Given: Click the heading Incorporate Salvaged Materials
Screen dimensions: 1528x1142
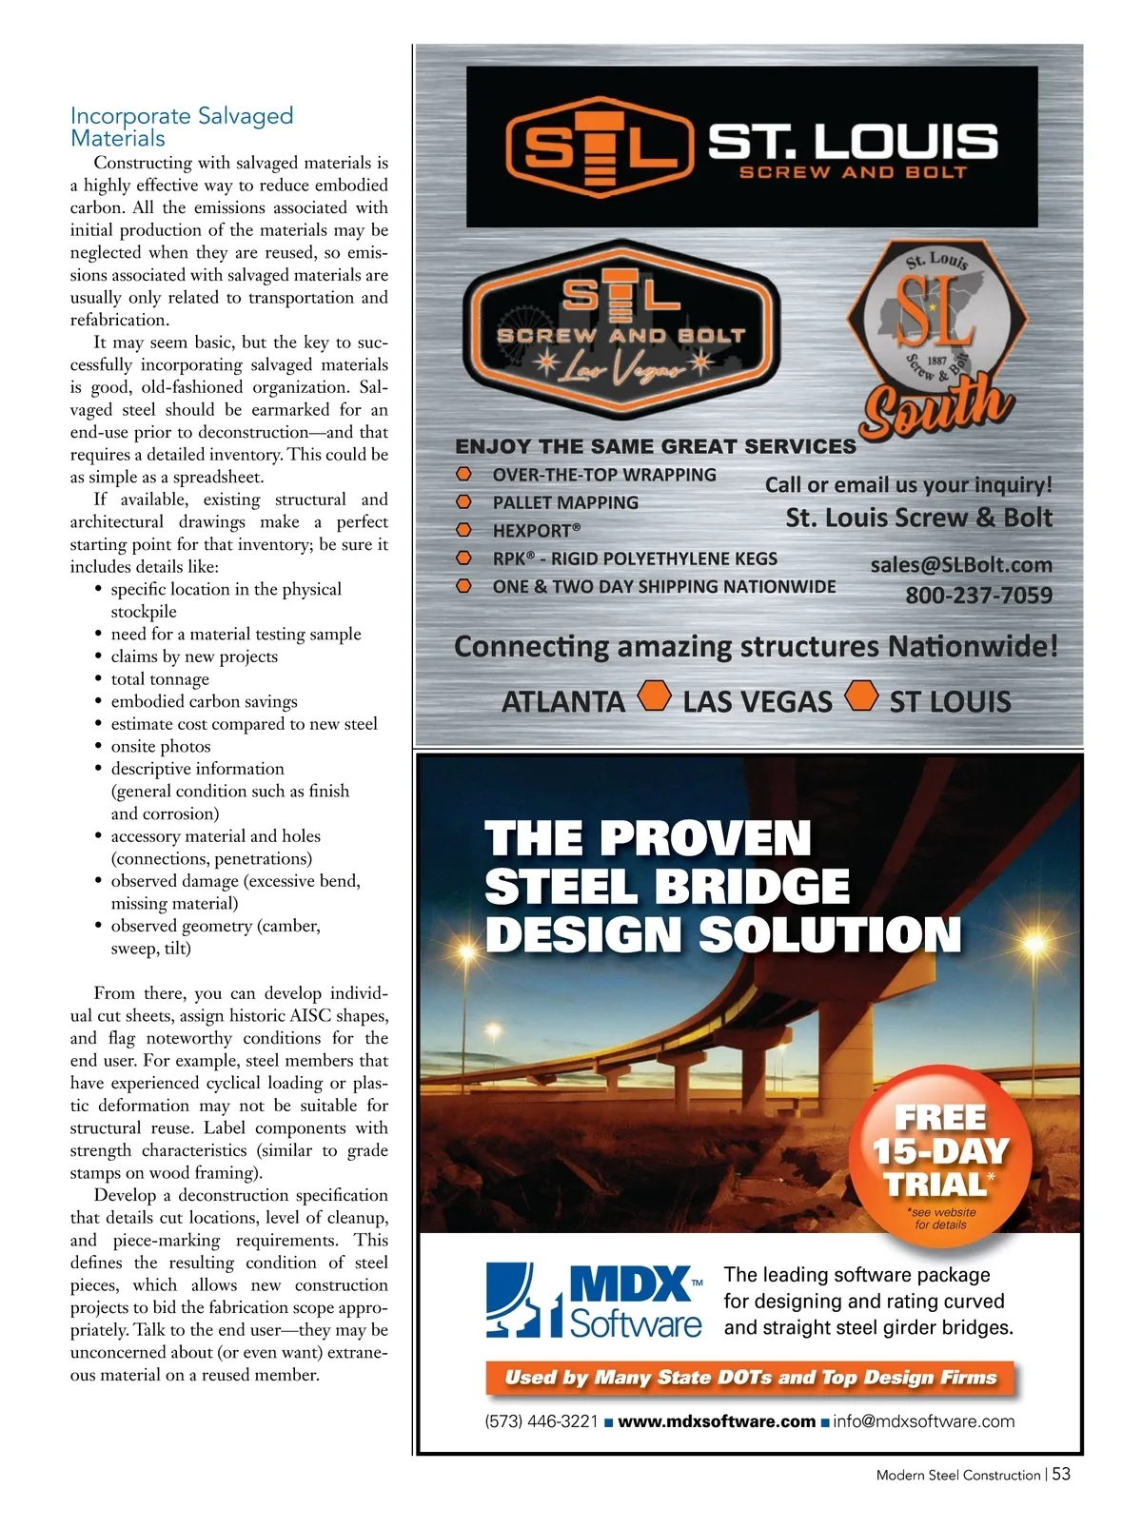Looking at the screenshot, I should click(181, 127).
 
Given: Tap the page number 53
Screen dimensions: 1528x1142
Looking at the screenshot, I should click(1061, 1474).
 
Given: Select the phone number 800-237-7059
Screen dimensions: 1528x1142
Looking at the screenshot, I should click(978, 596).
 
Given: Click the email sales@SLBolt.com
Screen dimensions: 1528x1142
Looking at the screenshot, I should click(961, 565).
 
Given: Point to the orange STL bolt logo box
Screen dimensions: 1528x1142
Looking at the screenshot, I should click(597, 147).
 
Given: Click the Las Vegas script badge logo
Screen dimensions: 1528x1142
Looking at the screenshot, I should click(620, 328).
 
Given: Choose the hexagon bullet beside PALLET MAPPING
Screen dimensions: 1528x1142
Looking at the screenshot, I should click(463, 501).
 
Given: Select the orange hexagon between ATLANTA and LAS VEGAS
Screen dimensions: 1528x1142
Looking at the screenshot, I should click(654, 695).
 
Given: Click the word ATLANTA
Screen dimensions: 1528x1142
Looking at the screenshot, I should click(563, 702).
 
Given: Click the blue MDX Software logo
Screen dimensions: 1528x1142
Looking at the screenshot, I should click(595, 1300).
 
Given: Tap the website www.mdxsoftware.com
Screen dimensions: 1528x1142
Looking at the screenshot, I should click(717, 1421).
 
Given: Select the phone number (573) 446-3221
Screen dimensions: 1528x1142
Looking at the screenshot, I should click(541, 1421).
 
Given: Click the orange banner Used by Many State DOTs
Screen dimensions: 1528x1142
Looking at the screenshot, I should click(750, 1378).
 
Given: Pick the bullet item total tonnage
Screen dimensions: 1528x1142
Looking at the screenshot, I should click(160, 678).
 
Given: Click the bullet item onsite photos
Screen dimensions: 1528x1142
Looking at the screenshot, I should click(161, 746).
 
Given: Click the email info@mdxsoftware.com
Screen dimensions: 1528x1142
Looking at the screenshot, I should click(923, 1421).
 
